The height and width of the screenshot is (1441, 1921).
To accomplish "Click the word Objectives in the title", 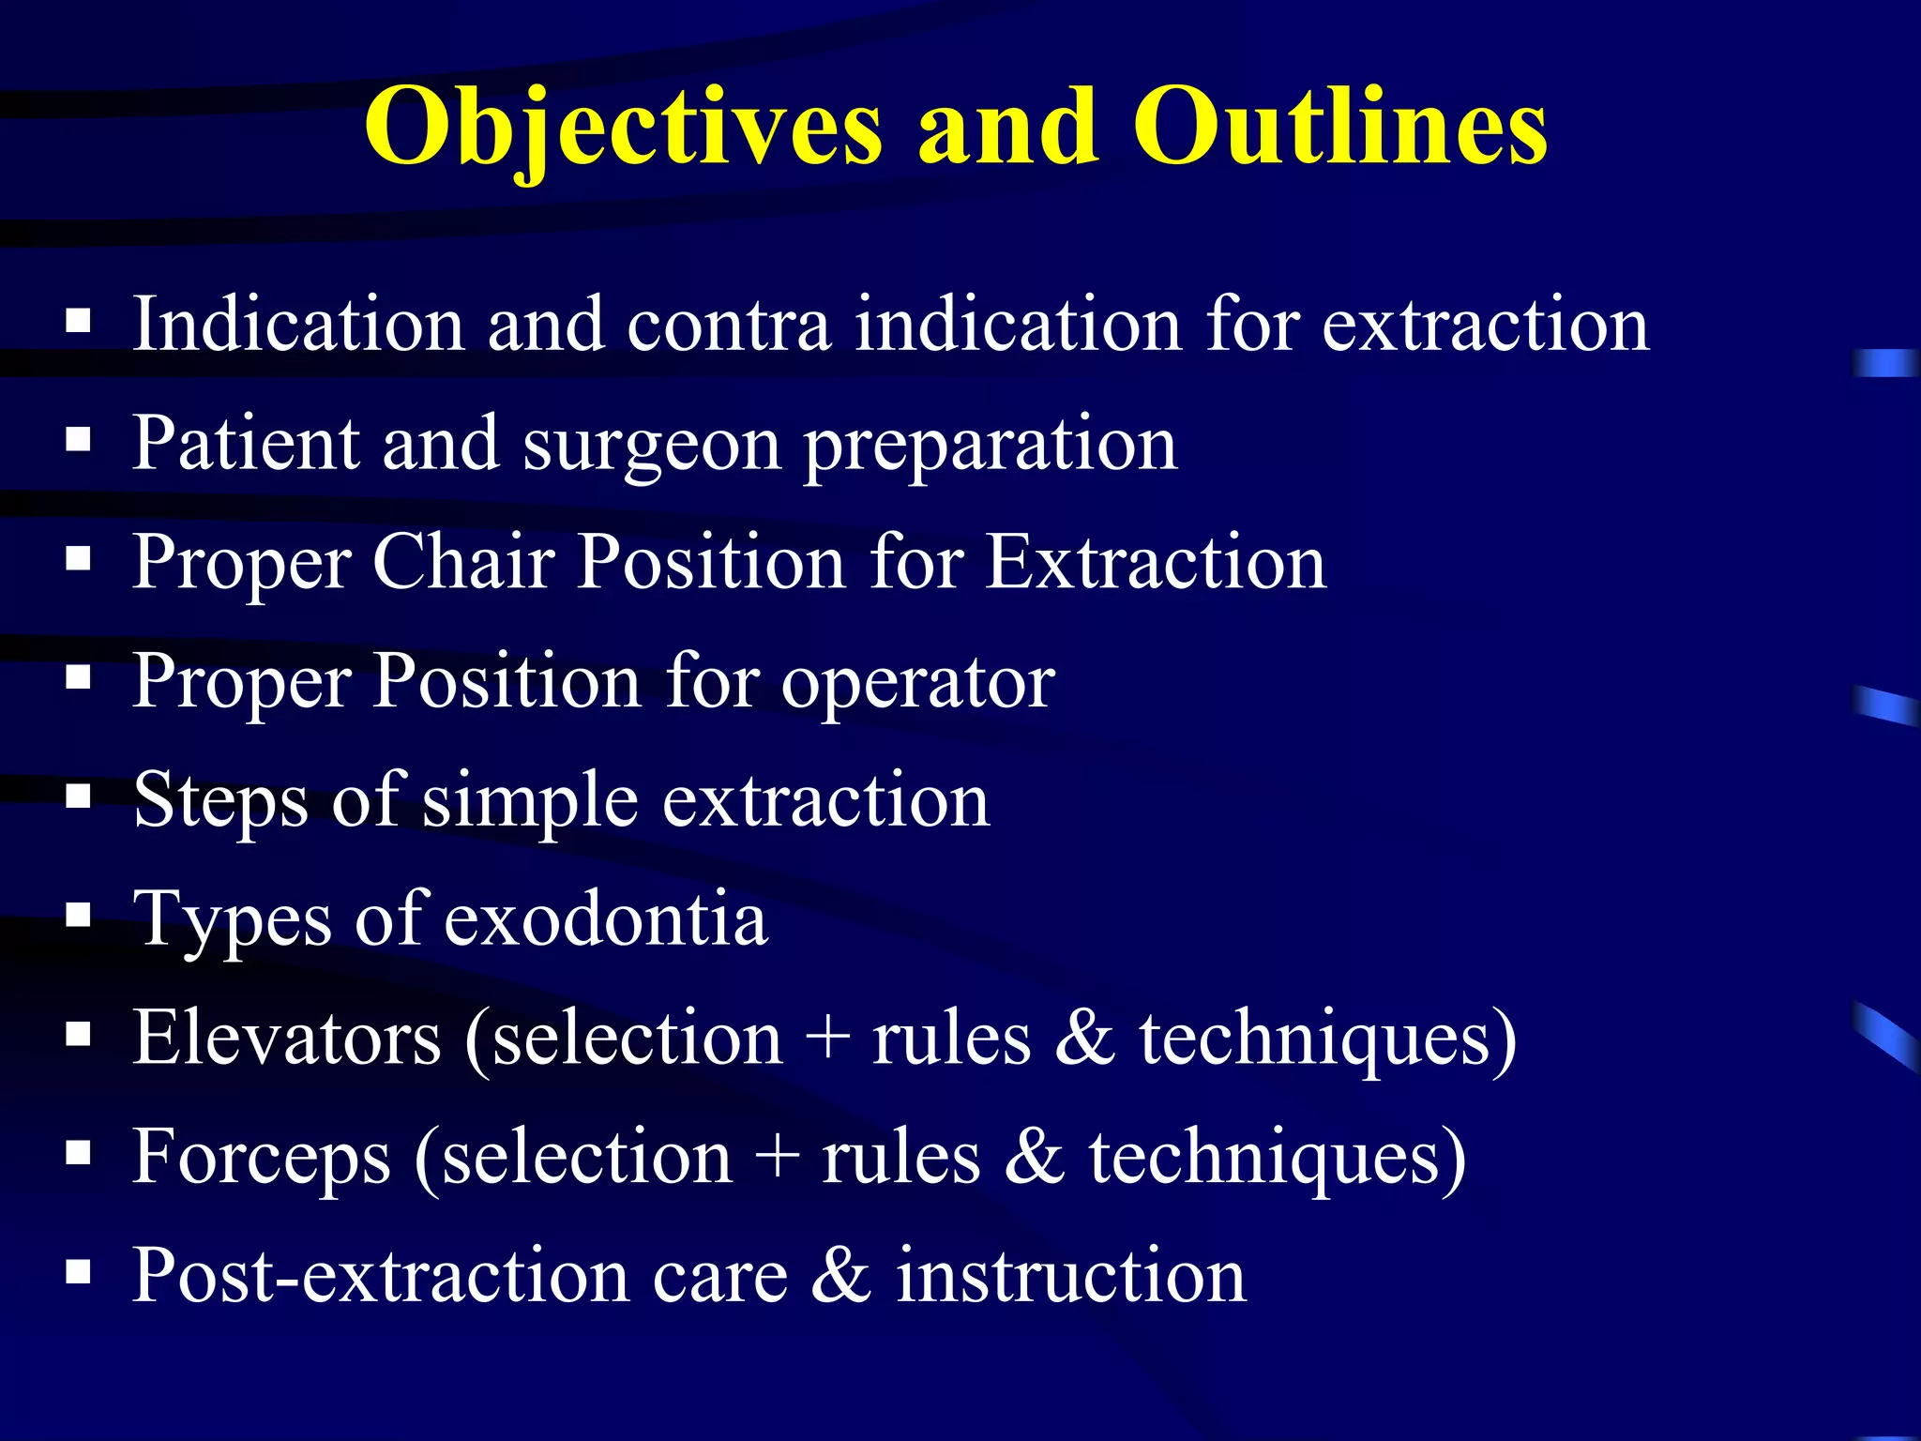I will coord(622,127).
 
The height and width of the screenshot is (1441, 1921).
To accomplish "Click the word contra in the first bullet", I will coord(729,326).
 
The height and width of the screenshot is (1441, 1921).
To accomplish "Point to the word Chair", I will coord(464,563).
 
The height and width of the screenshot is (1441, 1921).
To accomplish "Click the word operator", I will coord(917,683).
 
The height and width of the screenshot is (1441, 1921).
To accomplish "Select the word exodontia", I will coord(606,919).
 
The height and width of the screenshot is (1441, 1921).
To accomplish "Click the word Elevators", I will coord(286,1039).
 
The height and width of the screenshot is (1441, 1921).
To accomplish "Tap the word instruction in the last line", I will coord(1070,1276).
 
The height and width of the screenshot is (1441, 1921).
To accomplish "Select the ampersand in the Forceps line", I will coord(1034,1158).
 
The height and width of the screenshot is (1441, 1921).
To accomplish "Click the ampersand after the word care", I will coord(840,1276).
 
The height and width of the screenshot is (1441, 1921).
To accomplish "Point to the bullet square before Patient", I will coord(79,440).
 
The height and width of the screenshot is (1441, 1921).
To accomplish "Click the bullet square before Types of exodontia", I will coord(79,916).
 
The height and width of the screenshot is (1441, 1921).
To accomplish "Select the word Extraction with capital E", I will coord(1156,563).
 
